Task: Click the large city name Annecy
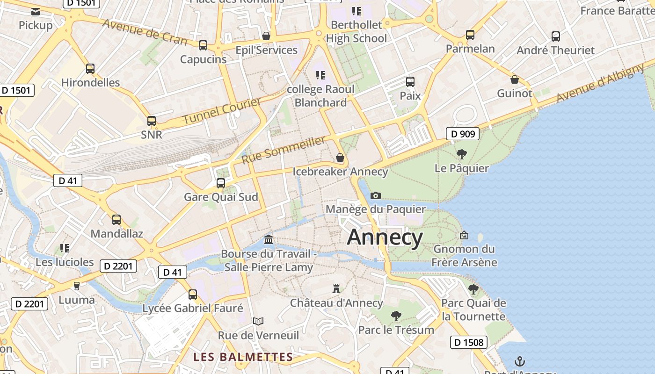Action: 385,237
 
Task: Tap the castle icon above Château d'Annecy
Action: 336,288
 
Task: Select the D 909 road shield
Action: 463,134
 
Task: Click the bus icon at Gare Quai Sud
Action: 221,183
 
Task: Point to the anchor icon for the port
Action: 519,361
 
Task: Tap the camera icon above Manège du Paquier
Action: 375,195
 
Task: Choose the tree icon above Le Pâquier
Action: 461,154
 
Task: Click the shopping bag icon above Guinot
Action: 515,79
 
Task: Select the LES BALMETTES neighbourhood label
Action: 243,357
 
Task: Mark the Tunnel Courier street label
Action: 221,111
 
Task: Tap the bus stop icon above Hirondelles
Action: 90,69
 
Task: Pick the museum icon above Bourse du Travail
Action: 269,240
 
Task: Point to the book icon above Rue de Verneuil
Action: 258,321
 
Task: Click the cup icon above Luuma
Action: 77,285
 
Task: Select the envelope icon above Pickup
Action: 36,11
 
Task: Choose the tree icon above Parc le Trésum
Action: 396,316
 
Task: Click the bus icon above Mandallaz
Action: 116,219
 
